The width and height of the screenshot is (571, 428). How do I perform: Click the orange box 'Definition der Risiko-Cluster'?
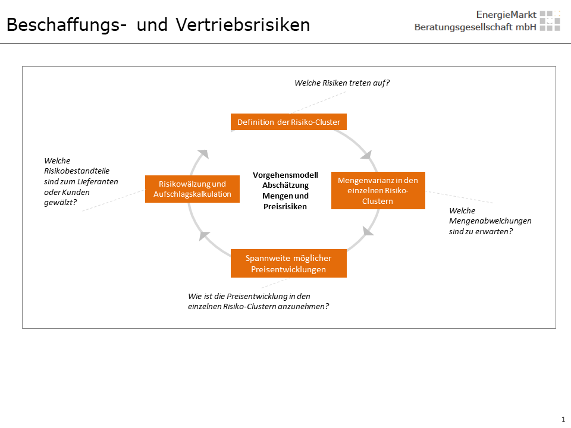click(x=288, y=122)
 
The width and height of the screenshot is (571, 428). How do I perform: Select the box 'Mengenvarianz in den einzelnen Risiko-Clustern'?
click(x=378, y=190)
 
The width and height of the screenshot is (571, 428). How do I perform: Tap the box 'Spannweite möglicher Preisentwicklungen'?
click(x=288, y=263)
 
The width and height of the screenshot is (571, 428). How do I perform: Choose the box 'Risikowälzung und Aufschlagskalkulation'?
click(x=192, y=189)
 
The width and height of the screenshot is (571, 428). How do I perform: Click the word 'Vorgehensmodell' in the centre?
click(x=285, y=175)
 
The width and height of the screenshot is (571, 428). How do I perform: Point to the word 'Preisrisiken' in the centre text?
click(x=285, y=206)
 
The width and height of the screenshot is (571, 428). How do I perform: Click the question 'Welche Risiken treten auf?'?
click(x=342, y=83)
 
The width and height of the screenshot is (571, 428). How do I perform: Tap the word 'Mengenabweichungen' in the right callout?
click(x=490, y=221)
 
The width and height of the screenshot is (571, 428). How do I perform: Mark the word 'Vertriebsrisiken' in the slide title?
click(x=243, y=25)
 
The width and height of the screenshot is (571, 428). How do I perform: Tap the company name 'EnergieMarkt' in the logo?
click(x=506, y=14)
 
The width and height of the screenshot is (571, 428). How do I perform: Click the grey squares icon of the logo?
click(x=550, y=20)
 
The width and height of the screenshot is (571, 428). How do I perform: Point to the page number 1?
click(x=563, y=419)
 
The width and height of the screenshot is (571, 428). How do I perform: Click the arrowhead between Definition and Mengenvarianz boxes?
click(x=367, y=155)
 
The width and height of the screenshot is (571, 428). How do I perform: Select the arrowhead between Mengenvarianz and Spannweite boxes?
click(x=368, y=231)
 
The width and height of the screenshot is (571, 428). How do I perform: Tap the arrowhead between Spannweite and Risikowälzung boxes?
click(x=204, y=236)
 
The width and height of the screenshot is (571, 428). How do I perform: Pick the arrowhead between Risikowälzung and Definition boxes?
click(x=203, y=153)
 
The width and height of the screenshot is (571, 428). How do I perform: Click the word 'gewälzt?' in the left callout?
click(x=61, y=203)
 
